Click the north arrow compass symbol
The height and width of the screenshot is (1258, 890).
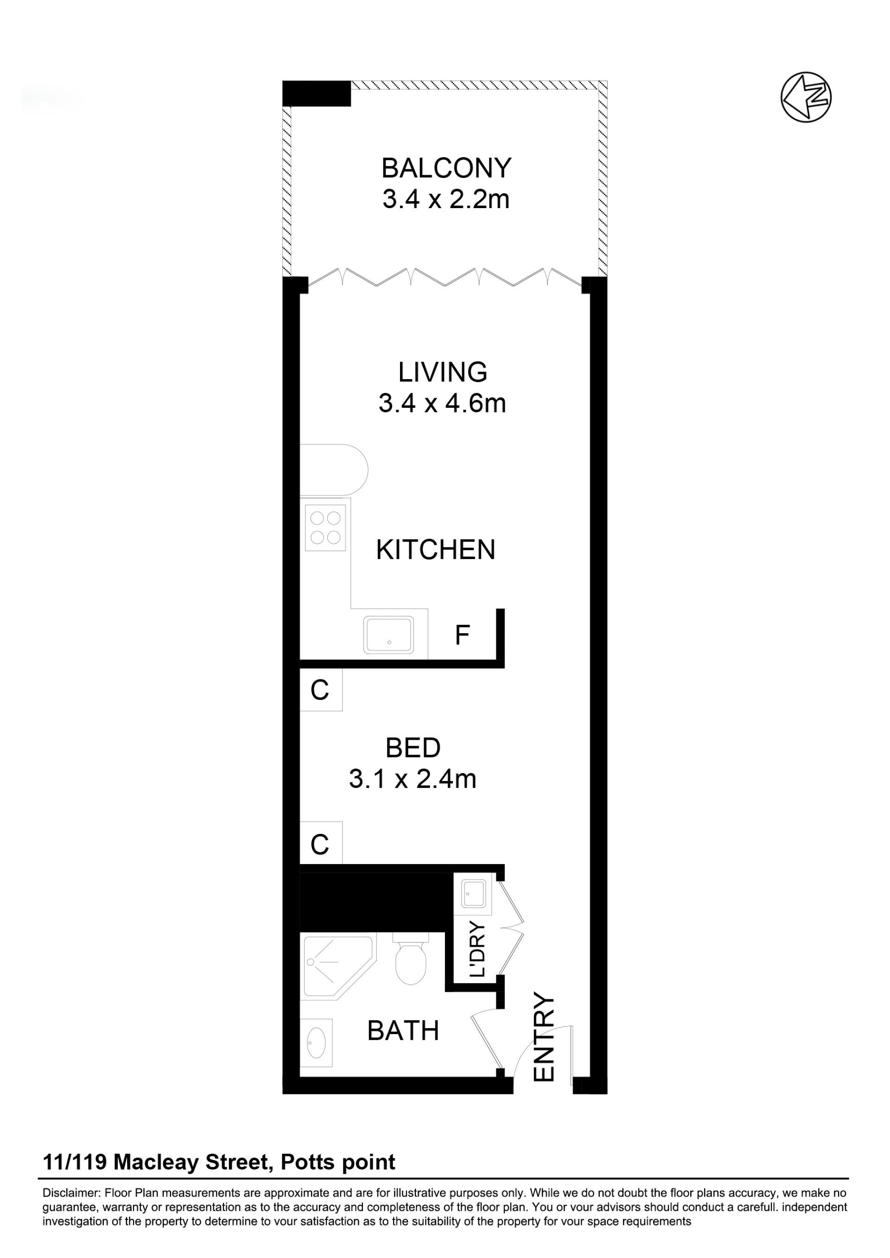806,97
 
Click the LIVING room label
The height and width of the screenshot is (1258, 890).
443,372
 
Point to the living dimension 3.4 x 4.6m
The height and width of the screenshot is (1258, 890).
442,403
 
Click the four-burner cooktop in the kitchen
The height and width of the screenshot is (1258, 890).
325,527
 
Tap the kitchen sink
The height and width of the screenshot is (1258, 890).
388,635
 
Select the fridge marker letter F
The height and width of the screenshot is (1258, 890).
463,635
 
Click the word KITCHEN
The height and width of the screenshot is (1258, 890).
436,550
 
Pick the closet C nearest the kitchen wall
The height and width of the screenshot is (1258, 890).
320,690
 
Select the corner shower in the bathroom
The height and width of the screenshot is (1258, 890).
336,966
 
